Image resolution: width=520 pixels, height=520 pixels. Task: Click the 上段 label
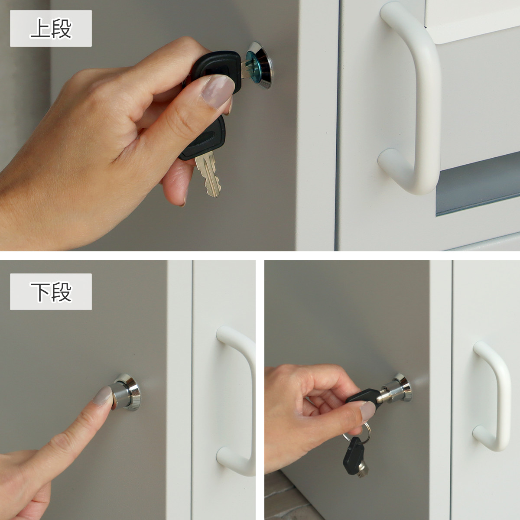pyautogui.click(x=51, y=28)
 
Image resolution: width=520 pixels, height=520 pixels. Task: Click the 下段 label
pyautogui.click(x=51, y=292)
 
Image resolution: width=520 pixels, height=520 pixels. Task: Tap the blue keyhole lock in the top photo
pyautogui.click(x=259, y=65)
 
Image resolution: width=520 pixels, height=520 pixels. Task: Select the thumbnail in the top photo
pyautogui.click(x=218, y=91)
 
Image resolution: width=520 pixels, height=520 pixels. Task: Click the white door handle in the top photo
pyautogui.click(x=410, y=97)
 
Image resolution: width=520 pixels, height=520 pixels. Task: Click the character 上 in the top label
pyautogui.click(x=40, y=28)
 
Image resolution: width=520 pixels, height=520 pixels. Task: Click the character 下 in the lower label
pyautogui.click(x=40, y=292)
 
